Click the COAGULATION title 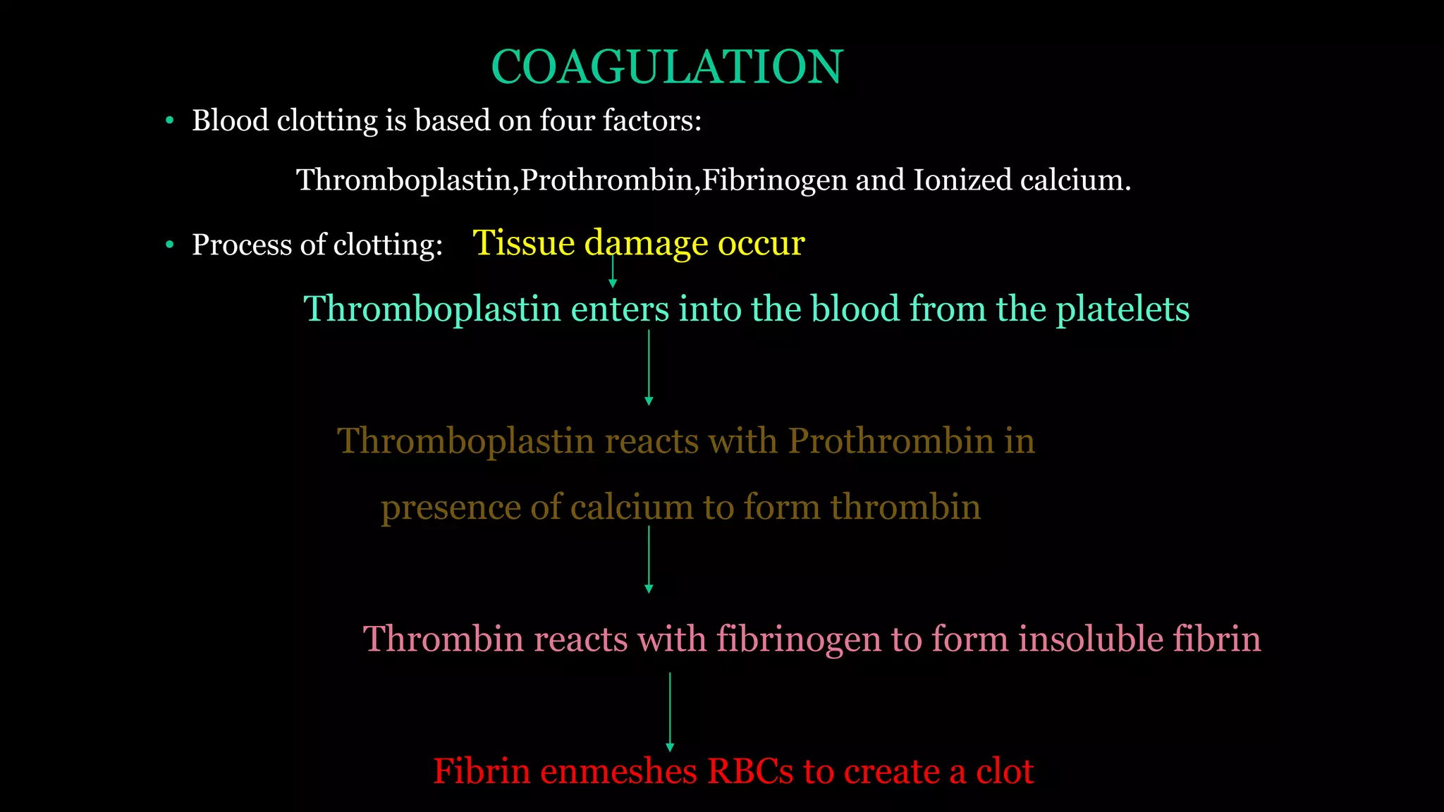pos(666,68)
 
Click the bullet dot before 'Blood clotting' pos(169,121)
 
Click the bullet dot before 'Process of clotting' pos(169,245)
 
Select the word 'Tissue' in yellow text pos(524,243)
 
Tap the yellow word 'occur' pos(761,243)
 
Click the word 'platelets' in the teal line pos(1122,309)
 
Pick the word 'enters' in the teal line pos(619,309)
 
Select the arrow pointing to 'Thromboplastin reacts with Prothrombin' pos(649,367)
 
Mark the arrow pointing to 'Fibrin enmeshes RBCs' pos(670,712)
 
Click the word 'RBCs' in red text pos(750,771)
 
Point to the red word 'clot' pos(1005,771)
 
